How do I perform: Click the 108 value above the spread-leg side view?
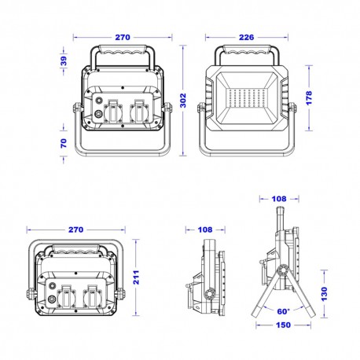pyautogui.click(x=280, y=199)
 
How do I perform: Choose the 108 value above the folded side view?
pyautogui.click(x=205, y=230)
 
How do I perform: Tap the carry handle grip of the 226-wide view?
pyautogui.click(x=250, y=51)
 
